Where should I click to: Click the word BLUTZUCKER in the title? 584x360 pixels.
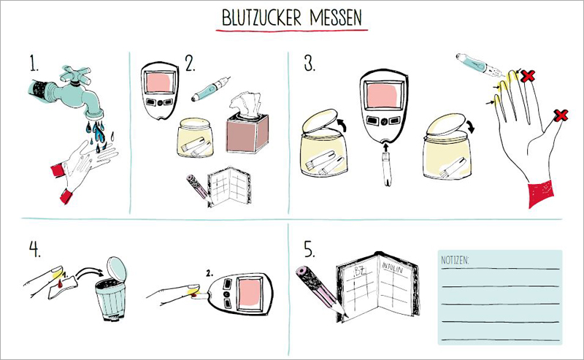(x=261, y=18)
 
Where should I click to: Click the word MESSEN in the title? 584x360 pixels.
(x=336, y=18)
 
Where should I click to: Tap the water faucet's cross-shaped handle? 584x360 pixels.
(x=75, y=74)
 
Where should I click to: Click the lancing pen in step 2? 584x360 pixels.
(x=210, y=89)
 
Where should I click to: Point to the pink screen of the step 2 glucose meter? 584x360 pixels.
(x=161, y=83)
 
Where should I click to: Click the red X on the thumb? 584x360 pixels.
(x=560, y=115)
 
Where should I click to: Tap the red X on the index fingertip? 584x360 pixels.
(x=528, y=76)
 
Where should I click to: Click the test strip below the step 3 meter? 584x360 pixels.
(x=388, y=169)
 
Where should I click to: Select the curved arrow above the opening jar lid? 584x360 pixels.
(x=342, y=124)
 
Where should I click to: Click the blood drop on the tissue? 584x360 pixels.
(x=61, y=284)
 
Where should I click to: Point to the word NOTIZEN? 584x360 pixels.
(x=455, y=260)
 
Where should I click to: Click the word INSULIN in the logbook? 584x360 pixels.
(x=392, y=267)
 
